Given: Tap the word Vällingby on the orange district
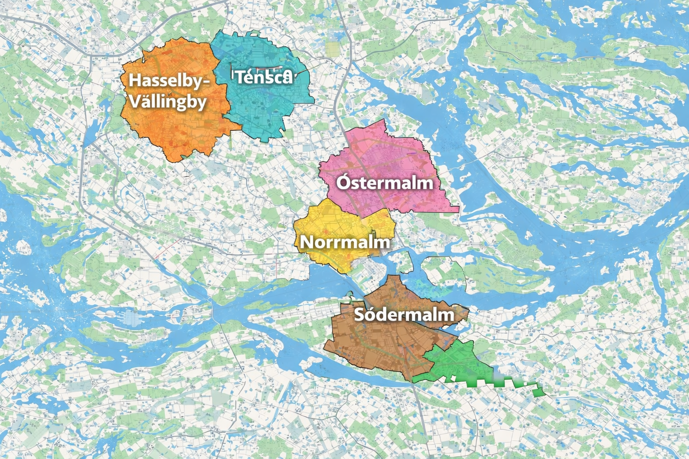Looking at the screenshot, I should click(x=168, y=101).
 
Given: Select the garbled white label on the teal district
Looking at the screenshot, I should click(x=263, y=77).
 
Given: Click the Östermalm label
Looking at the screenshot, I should click(x=385, y=183).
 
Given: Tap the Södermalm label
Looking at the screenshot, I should click(x=404, y=314).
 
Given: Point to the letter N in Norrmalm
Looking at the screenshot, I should click(x=305, y=242).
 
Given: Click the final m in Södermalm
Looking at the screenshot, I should click(x=446, y=315).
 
